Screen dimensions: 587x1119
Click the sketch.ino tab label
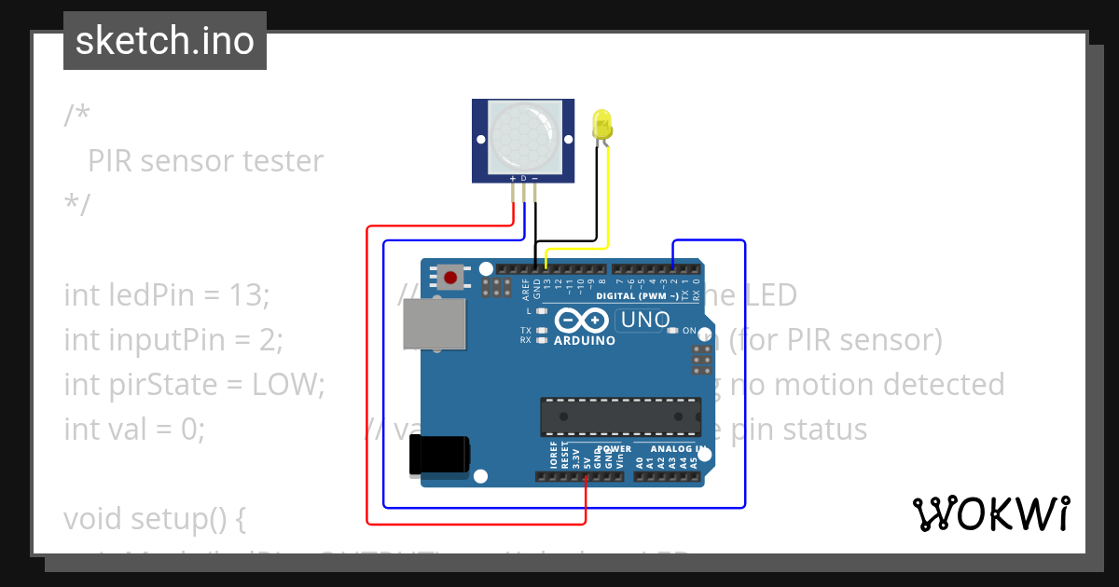[165, 41]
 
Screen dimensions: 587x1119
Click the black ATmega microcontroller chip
[620, 416]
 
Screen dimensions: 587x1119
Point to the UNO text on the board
[643, 321]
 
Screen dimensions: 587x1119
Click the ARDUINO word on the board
[585, 341]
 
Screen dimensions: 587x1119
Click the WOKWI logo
[991, 514]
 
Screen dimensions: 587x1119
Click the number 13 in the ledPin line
[247, 295]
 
